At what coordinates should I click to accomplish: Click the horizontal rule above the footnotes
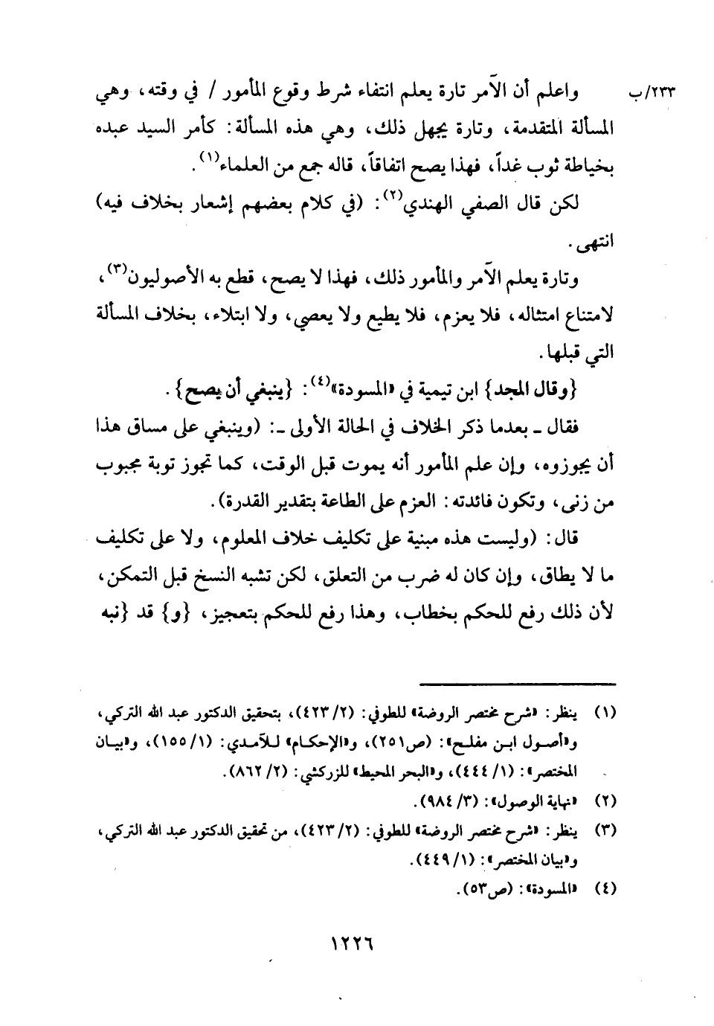(x=518, y=682)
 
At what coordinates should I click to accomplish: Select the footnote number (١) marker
(x=604, y=712)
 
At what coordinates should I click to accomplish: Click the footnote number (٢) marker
(x=604, y=804)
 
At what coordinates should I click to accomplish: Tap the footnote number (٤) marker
(x=604, y=888)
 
